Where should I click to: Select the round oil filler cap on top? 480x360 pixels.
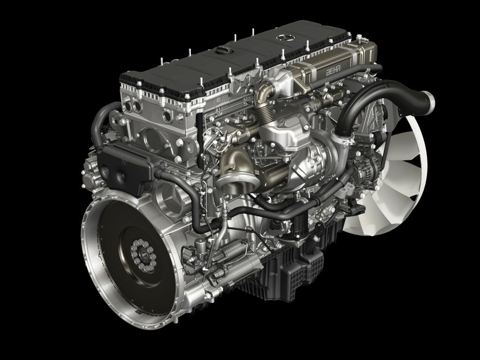pos(223,50)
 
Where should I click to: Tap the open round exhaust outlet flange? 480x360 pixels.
pos(238,183)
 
